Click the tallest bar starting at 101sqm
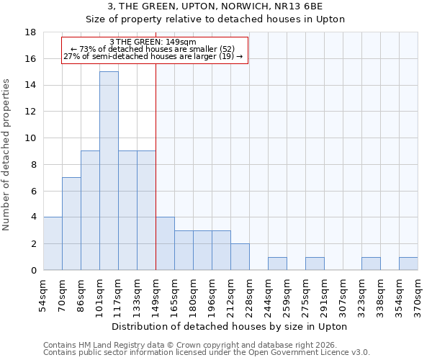(109, 171)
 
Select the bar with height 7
(71, 223)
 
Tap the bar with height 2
(240, 256)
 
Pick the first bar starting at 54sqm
(53, 243)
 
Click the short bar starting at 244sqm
(277, 264)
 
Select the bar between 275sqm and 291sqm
(315, 264)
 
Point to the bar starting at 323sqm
(371, 264)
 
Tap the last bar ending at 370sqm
(408, 264)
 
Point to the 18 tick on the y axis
(30, 32)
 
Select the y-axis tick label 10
(30, 138)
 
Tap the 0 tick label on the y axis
(33, 271)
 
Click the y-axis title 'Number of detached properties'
(7, 156)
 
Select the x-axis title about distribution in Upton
(231, 326)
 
